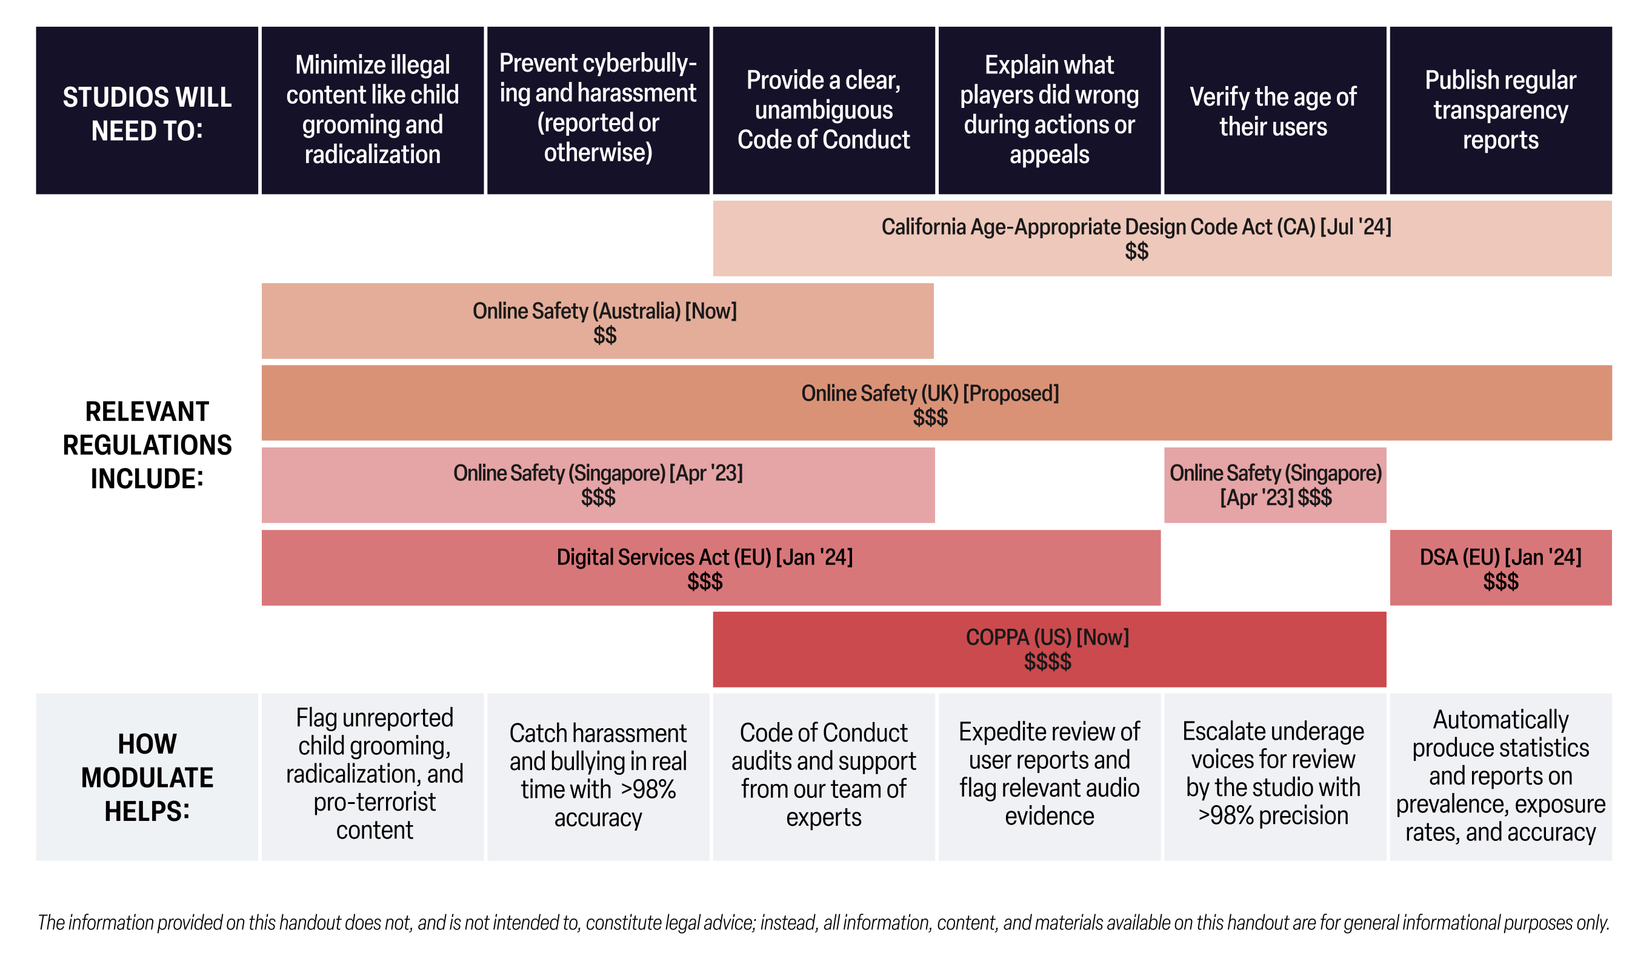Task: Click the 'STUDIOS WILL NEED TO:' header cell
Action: [147, 110]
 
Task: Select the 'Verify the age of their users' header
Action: [1275, 110]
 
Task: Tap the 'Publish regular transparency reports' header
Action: [1500, 110]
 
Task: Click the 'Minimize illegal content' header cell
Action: [372, 110]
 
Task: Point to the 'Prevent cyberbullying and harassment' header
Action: [598, 110]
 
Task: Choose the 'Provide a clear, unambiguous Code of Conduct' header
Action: [824, 110]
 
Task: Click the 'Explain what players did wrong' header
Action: [1050, 110]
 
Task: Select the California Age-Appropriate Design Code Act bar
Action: [1162, 239]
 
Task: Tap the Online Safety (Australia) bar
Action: [598, 321]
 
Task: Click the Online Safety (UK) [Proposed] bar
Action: [937, 403]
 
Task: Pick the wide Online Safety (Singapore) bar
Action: [598, 485]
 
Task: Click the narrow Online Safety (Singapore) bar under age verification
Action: [1275, 485]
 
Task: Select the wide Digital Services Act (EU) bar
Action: [711, 568]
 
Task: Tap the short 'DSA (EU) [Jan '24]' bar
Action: [1500, 568]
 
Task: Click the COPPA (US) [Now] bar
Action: [1050, 649]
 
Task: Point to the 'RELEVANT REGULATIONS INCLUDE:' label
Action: [147, 445]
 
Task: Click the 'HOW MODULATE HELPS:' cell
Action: [147, 777]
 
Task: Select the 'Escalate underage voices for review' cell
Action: [1275, 777]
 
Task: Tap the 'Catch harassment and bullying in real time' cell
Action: [598, 777]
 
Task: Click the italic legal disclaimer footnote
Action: [824, 923]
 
